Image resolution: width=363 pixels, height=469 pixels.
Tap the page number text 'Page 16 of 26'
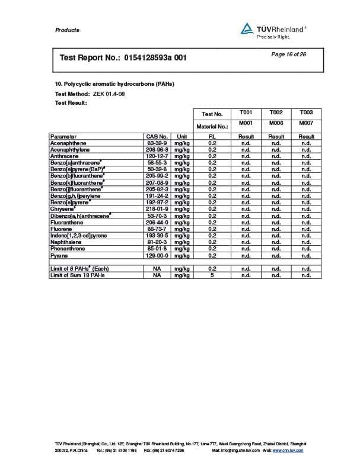[289, 54]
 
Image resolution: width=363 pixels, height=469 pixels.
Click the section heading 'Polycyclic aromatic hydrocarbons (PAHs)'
[119, 83]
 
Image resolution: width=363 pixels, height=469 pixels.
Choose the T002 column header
[276, 113]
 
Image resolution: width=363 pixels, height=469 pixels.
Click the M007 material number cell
[306, 123]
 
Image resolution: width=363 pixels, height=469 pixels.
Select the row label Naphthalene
[66, 242]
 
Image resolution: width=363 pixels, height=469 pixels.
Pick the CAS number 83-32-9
[157, 143]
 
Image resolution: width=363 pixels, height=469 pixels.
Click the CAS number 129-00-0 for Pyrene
[157, 255]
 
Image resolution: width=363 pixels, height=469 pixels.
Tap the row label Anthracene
[65, 156]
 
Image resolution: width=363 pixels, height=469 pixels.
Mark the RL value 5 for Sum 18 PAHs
[212, 275]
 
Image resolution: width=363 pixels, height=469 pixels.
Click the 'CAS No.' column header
[157, 137]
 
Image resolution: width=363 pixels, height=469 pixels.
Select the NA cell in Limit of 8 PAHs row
[157, 268]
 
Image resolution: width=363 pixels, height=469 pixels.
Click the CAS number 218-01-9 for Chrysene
[157, 209]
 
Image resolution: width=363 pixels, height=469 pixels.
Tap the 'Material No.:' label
[212, 126]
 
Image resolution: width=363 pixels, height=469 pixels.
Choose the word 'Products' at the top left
[67, 30]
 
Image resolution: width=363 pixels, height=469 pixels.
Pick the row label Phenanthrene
[68, 249]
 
